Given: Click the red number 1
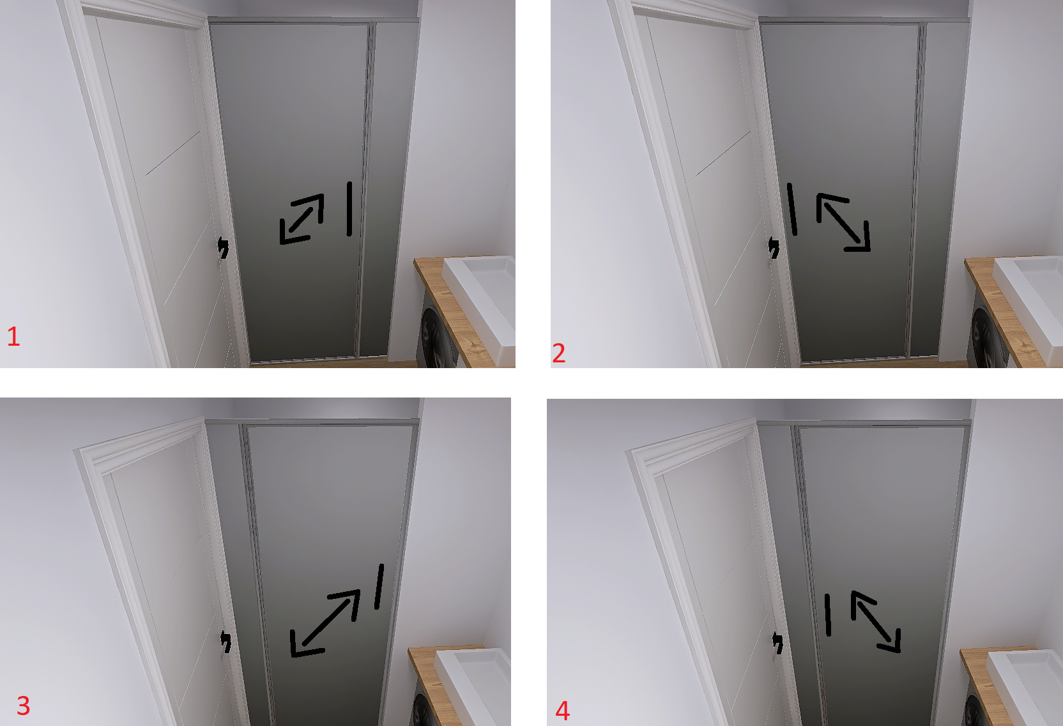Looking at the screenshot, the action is (13, 336).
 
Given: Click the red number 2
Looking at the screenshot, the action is (558, 353).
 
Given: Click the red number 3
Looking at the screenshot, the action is (23, 706).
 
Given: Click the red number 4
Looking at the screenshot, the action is (562, 711).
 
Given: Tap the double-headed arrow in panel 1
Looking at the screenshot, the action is (302, 219).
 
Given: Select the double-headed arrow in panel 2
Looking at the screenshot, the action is (843, 222).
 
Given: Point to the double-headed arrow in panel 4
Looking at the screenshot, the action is (876, 622).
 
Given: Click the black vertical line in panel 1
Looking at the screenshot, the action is (349, 209).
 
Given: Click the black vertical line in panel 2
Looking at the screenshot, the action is (792, 209).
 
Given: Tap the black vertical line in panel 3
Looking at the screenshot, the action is (379, 587).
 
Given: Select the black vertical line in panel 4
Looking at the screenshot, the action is (828, 615).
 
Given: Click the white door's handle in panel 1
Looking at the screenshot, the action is (223, 249).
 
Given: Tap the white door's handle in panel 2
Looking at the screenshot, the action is (774, 248).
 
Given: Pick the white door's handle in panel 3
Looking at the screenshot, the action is (226, 642).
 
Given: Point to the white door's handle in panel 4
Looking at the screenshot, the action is (777, 643).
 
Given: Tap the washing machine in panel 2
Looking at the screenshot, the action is (990, 337).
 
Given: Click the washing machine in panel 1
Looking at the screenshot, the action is (439, 337).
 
